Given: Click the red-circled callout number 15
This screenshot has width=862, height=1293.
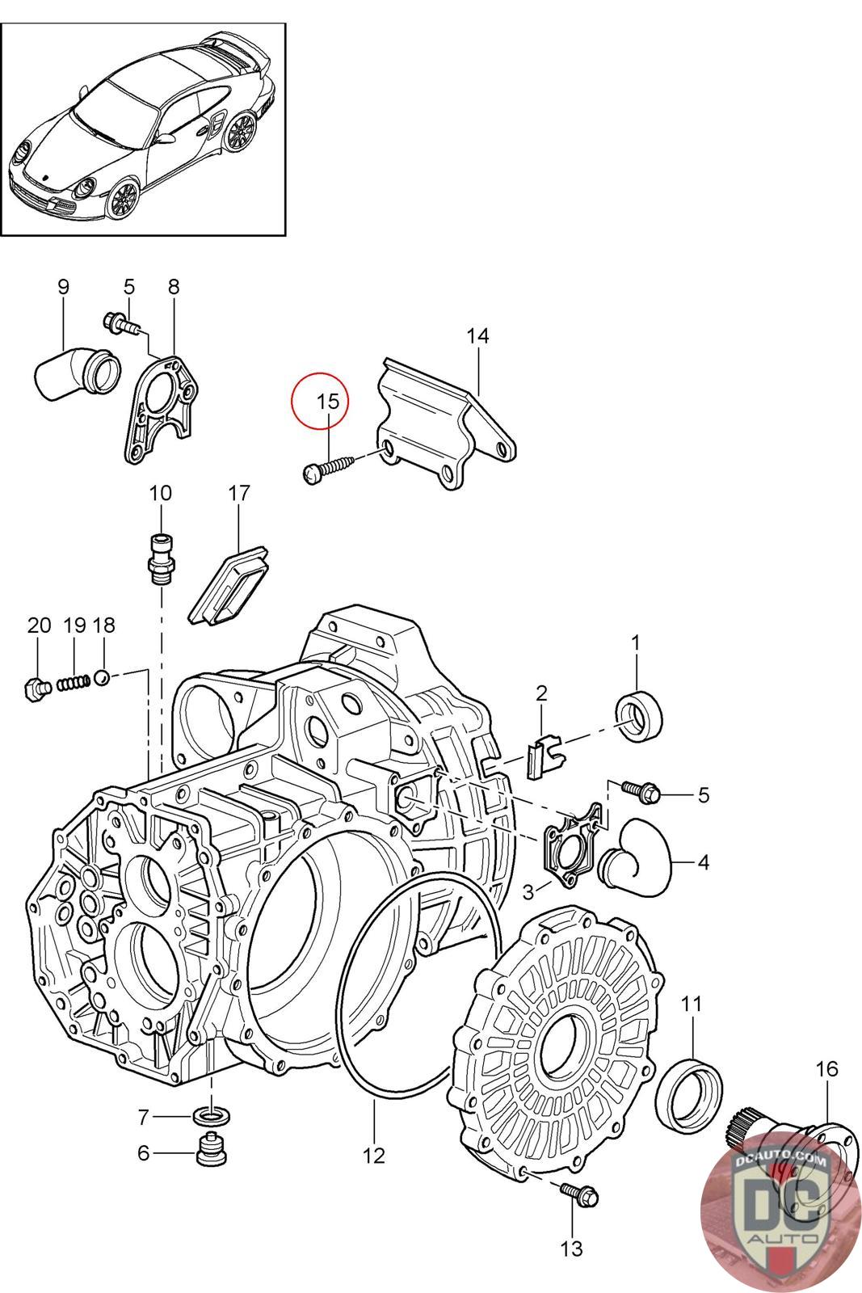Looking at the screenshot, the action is click(328, 401).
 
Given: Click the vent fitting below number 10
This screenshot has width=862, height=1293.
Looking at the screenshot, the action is click(161, 557).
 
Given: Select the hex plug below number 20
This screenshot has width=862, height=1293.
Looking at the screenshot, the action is click(36, 688).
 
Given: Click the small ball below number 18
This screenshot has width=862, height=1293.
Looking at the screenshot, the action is click(102, 677).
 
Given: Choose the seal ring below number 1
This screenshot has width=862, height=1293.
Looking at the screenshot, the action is click(639, 715).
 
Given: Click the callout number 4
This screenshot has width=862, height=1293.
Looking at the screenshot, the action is click(703, 864).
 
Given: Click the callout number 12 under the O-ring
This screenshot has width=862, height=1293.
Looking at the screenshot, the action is click(374, 1156).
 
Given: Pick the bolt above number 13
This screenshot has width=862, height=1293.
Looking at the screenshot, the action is click(579, 1194).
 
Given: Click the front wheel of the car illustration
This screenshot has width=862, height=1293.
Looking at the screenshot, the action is click(122, 197).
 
